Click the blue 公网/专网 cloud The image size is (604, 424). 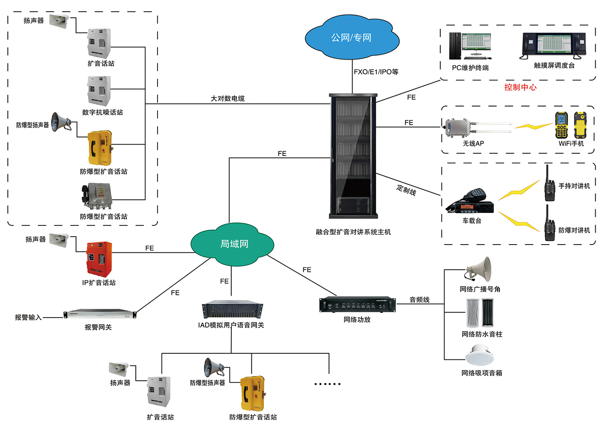pyautogui.click(x=351, y=37)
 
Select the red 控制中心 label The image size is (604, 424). pyautogui.click(x=520, y=87)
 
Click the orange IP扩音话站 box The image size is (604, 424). pyautogui.click(x=98, y=258)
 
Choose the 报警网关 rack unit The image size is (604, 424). pyautogui.click(x=101, y=315)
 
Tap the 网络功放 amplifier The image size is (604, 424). pyautogui.click(x=357, y=305)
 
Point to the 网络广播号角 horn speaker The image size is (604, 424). pyautogui.click(x=479, y=269)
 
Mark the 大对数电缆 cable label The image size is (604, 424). pyautogui.click(x=228, y=99)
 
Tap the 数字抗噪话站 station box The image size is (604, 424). pyautogui.click(x=99, y=90)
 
